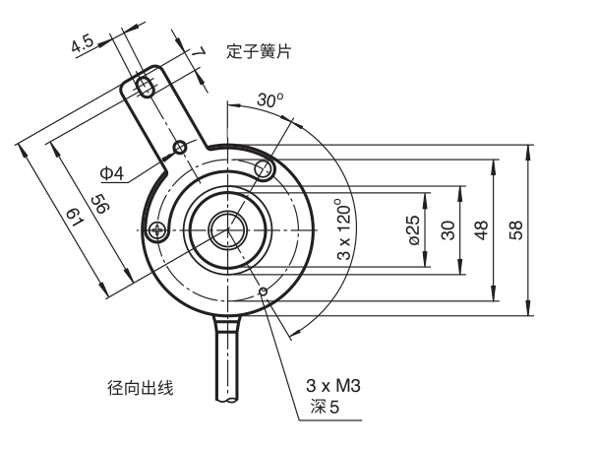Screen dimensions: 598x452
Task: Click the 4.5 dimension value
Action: [x=83, y=43]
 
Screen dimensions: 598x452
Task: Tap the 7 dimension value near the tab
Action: [x=198, y=52]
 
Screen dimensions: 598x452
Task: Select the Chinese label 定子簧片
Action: [x=259, y=51]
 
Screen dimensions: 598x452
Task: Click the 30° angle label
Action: [x=270, y=99]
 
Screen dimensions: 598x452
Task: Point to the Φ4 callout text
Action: [x=112, y=173]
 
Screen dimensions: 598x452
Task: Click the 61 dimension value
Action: [x=75, y=217]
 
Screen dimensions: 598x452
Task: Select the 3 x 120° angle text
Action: [x=344, y=229]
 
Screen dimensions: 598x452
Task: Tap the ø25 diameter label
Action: [x=414, y=229]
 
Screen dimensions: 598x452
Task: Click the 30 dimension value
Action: [x=448, y=230]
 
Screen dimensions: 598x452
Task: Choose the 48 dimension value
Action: [x=482, y=230]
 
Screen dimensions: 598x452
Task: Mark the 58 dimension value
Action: [x=516, y=230]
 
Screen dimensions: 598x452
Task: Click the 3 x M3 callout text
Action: [x=333, y=386]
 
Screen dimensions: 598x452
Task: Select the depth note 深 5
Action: [x=325, y=407]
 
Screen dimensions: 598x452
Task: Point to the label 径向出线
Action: [x=141, y=388]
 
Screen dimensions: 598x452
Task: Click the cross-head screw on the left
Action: [x=158, y=230]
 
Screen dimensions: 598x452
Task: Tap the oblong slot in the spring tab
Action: [x=146, y=87]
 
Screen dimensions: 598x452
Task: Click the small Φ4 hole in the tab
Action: [x=180, y=147]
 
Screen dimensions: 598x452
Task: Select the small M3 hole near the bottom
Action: [x=263, y=292]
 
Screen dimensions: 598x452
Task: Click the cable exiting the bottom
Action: [x=227, y=357]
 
